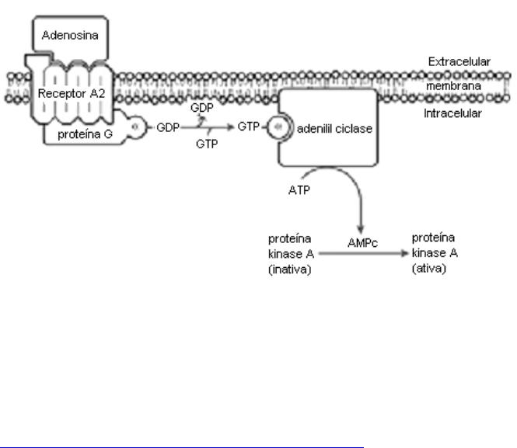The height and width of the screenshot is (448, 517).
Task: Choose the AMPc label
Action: click(362, 243)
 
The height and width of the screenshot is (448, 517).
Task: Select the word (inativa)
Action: click(287, 269)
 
